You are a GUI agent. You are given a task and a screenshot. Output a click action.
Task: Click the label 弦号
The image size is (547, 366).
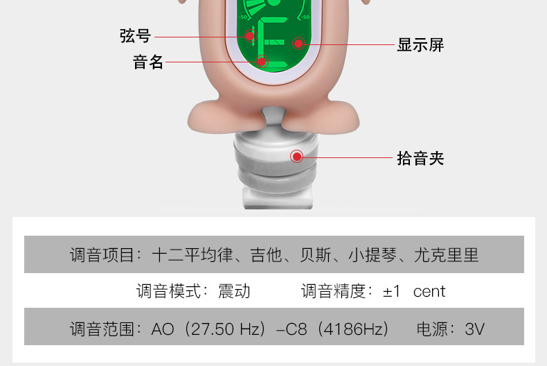point(134,36)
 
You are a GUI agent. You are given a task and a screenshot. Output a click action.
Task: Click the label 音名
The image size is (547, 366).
point(148,62)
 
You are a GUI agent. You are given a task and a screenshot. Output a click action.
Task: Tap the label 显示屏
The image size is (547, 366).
point(420,45)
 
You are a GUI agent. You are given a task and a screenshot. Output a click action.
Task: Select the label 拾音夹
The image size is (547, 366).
point(420,158)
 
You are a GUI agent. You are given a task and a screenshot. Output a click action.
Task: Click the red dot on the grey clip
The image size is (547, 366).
point(297,157)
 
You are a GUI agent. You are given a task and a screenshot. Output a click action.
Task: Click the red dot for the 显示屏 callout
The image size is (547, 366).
point(298,44)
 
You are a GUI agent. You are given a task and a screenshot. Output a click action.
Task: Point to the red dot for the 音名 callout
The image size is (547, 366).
point(262,62)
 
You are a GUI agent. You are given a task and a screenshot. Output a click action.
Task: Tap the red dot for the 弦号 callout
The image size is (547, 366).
point(249,36)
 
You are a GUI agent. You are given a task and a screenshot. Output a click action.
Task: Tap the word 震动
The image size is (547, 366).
point(234,291)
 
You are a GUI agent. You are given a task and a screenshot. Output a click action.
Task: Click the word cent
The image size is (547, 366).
point(429,291)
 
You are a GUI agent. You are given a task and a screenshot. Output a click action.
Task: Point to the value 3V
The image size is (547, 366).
point(475,329)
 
